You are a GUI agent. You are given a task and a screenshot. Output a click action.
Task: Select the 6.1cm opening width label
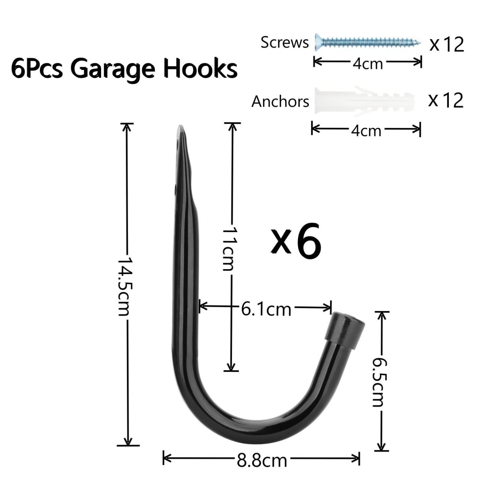[266, 309]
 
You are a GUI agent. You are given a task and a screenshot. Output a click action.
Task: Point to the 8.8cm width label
[262, 460]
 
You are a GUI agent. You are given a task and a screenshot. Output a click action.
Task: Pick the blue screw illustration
[368, 42]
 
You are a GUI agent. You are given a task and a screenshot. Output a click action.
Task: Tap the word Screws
[285, 42]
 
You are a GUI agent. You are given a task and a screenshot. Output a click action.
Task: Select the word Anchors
[280, 101]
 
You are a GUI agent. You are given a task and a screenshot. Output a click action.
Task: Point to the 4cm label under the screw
[368, 64]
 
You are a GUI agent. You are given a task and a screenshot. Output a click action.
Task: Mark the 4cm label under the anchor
[366, 130]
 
